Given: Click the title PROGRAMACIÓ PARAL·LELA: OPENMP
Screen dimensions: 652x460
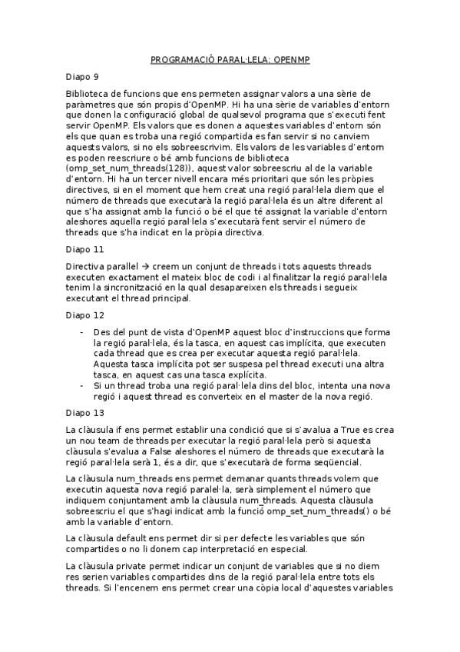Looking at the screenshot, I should [230, 58].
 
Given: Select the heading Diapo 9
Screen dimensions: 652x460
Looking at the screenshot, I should [82, 77].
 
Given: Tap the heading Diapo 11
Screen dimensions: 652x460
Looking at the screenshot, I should [84, 250].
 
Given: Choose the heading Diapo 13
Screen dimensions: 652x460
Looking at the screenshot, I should [84, 411].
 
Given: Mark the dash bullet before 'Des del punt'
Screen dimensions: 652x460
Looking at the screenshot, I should [83, 331].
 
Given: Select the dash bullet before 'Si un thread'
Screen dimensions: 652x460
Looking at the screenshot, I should [83, 385].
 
